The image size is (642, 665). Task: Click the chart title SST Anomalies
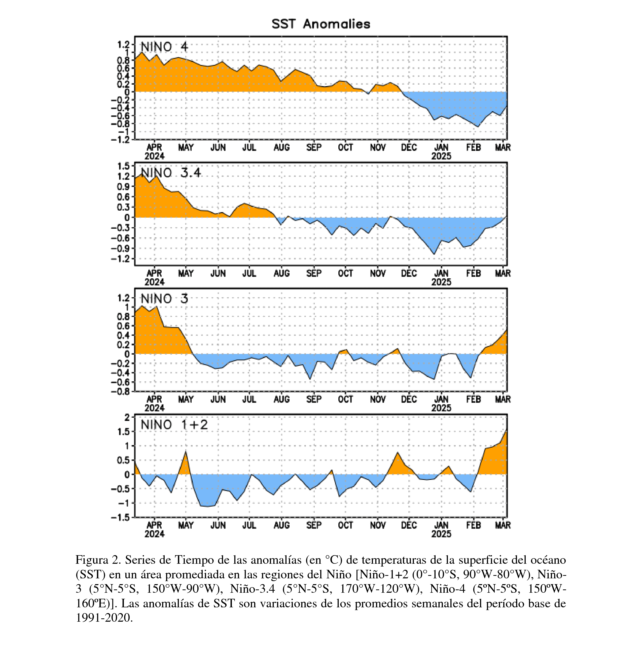321,24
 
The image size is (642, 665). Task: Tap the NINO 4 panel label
164,47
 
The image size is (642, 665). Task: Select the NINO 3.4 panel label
171,173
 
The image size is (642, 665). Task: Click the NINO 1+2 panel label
174,424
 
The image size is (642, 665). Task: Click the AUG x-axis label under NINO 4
282,148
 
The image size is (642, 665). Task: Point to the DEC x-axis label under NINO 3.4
409,274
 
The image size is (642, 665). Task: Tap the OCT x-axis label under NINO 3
346,399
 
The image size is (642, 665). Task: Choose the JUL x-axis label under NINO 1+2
249,525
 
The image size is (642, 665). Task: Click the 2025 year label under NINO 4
441,156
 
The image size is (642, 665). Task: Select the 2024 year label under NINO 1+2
155,534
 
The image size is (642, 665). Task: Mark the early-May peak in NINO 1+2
186,451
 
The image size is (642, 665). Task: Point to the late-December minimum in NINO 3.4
434,254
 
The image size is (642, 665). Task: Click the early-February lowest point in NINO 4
478,127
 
